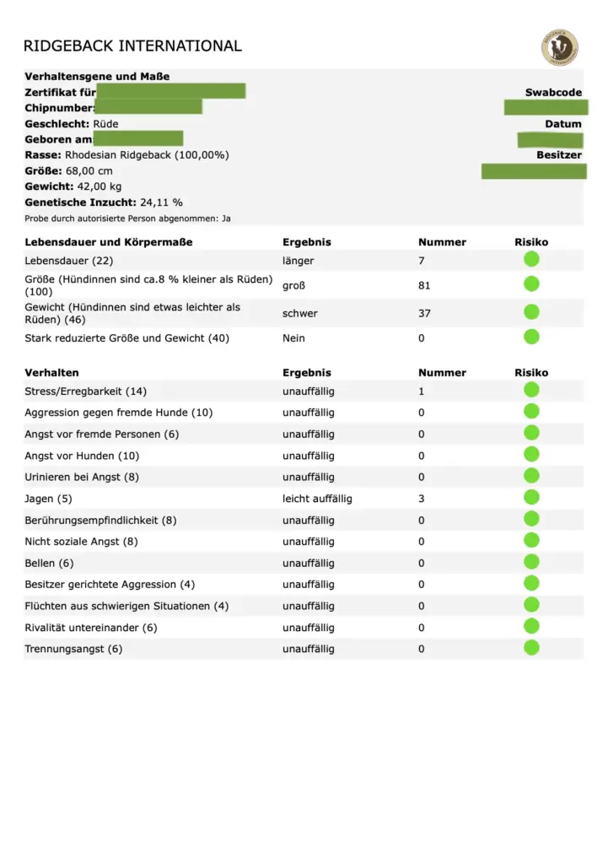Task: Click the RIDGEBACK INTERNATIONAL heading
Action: (x=132, y=46)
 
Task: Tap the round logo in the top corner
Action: (x=559, y=47)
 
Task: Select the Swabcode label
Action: (x=553, y=93)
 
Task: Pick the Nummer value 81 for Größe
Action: (x=424, y=286)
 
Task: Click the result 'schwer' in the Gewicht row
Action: (x=299, y=313)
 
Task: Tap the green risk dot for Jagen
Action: (x=531, y=498)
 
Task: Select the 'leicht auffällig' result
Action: (x=317, y=499)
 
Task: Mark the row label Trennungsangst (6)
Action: (x=73, y=649)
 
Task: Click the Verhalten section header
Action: (x=51, y=372)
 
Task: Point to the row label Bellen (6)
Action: (x=49, y=563)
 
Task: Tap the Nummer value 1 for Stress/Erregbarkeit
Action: (x=421, y=391)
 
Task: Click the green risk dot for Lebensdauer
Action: (x=531, y=260)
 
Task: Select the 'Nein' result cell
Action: (x=293, y=338)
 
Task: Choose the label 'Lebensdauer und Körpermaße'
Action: (x=108, y=242)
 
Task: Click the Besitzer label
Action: (x=559, y=155)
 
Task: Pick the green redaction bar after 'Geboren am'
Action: (x=137, y=139)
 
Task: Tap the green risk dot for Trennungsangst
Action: (x=531, y=648)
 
